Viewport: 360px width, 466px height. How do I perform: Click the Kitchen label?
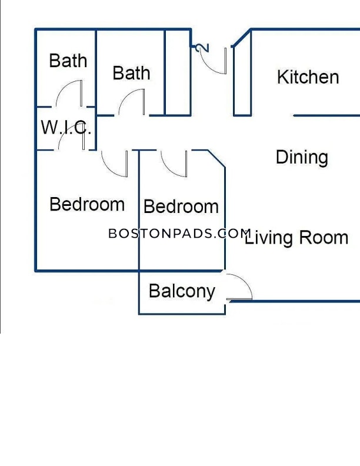[x=308, y=77]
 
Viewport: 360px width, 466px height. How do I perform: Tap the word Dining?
[x=302, y=157]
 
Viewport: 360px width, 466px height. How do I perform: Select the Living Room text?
[x=296, y=238]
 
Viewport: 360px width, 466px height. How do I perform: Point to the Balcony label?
[x=182, y=291]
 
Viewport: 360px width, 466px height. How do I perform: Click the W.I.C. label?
[x=66, y=127]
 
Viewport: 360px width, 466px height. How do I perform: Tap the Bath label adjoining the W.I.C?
[x=68, y=61]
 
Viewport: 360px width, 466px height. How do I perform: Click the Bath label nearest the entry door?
[x=131, y=73]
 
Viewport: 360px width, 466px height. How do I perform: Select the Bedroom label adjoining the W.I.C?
[x=87, y=204]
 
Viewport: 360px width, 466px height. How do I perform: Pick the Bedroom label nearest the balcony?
[x=181, y=207]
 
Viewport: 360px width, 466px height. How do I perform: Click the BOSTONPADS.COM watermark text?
[x=179, y=234]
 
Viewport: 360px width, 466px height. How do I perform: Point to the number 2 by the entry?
[x=202, y=48]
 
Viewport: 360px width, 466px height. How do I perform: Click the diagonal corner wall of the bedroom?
[x=216, y=159]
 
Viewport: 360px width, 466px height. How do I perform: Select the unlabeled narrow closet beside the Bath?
[x=178, y=72]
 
